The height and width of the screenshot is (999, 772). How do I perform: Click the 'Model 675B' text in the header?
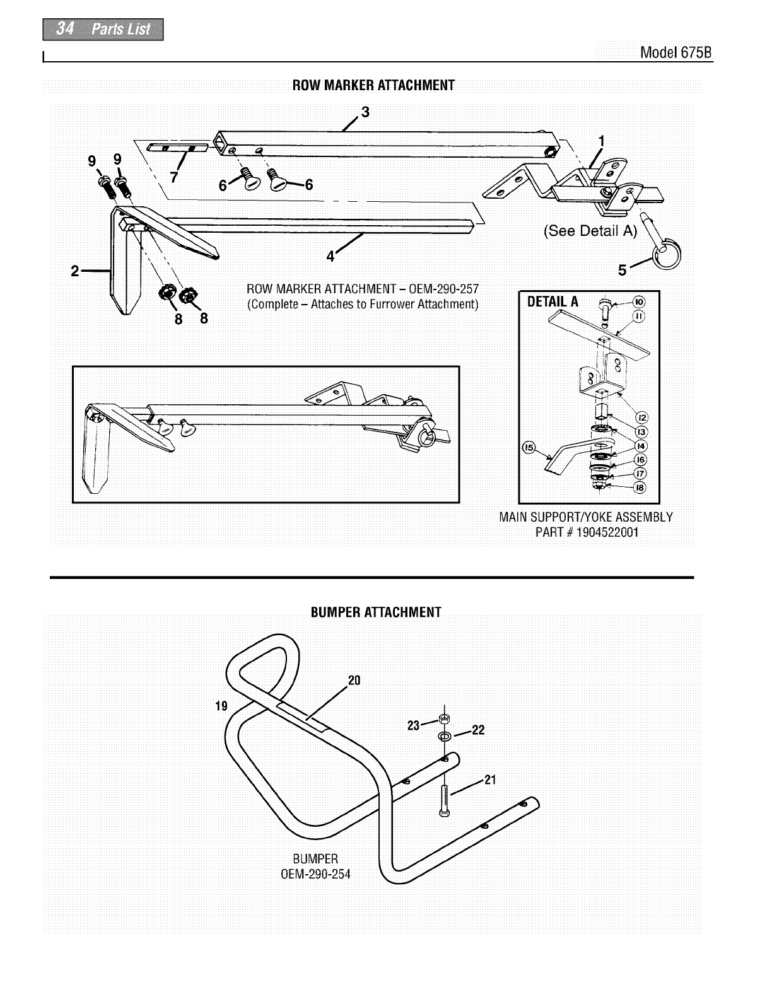(x=675, y=52)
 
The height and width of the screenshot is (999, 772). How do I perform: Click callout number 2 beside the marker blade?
(x=75, y=271)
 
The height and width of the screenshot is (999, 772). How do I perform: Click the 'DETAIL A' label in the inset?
(x=553, y=301)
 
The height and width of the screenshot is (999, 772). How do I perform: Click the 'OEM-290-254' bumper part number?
(x=315, y=874)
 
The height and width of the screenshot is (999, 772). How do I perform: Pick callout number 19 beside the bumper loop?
(x=221, y=705)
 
